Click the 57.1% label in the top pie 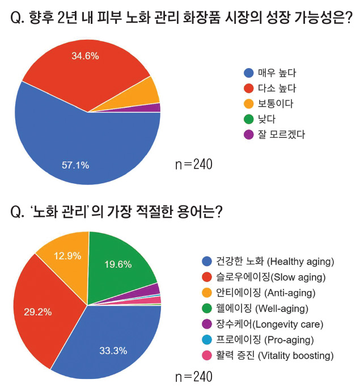[75, 165]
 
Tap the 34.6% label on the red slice [85, 56]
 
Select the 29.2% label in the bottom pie [37, 311]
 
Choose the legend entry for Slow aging [262, 277]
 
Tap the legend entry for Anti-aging [259, 293]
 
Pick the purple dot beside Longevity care [207, 324]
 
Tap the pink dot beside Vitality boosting [207, 356]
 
